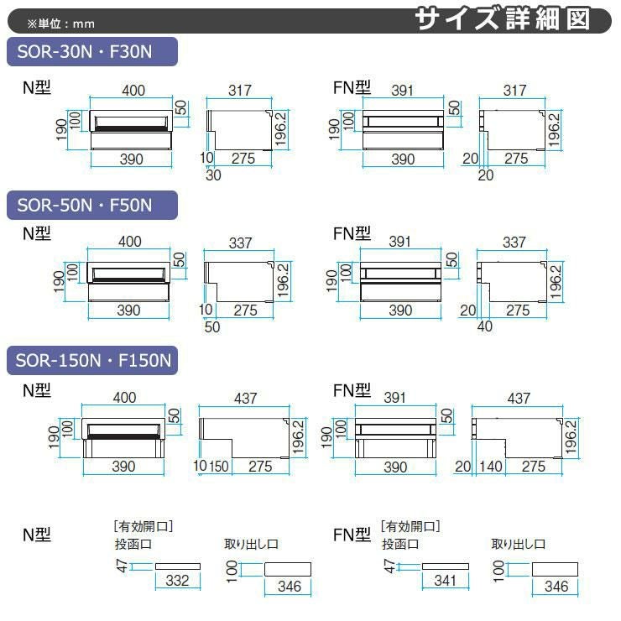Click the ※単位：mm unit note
point(61,23)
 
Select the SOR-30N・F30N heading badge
point(92,51)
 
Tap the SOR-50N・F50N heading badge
point(92,205)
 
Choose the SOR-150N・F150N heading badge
point(92,360)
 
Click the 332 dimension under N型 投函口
point(177,580)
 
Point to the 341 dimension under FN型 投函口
point(445,580)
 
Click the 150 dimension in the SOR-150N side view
point(219,466)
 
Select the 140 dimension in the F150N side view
point(491,466)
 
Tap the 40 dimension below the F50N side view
point(485,326)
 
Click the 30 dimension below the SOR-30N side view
point(213,175)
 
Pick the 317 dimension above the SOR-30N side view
point(240,91)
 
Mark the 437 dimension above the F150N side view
point(519,398)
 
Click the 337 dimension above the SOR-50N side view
point(240,243)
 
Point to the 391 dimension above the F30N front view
point(402,91)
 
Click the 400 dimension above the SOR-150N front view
point(124,397)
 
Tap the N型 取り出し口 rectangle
point(288,569)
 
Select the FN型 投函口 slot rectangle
point(446,566)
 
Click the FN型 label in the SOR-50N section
point(352,233)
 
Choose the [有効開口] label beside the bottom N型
point(143,526)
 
